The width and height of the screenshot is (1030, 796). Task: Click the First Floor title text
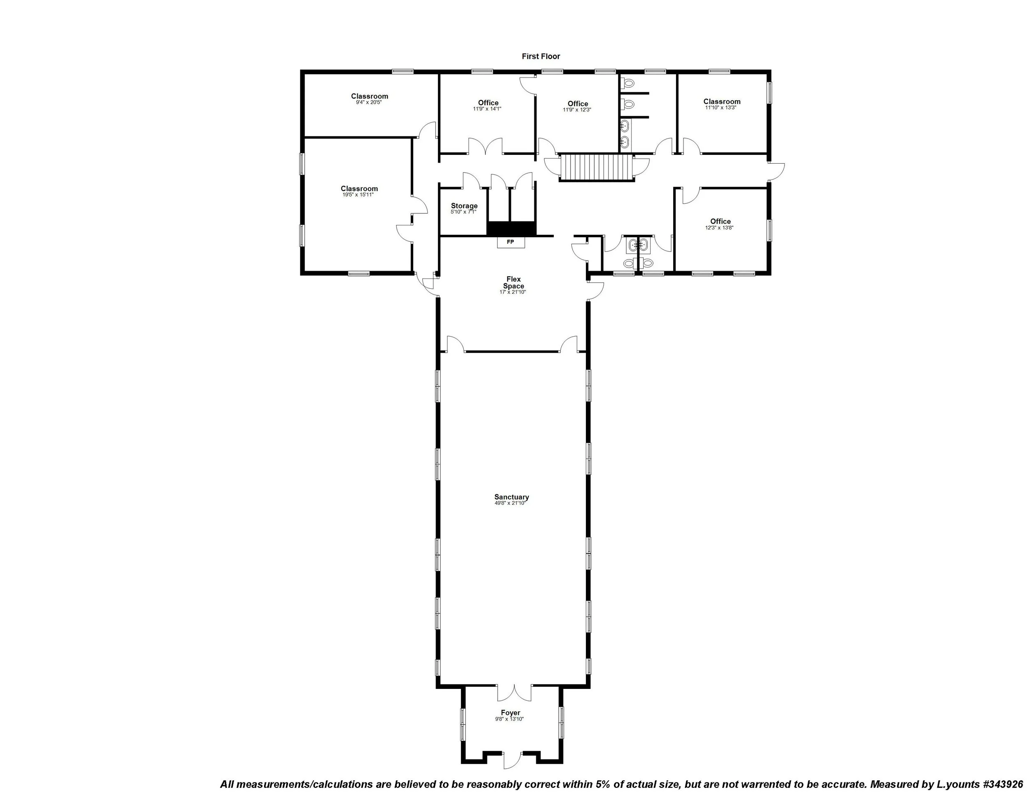541,56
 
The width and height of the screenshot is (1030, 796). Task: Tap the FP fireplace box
510,242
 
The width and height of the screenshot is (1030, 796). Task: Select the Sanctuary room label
511,497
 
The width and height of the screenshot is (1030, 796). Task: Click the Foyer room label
510,713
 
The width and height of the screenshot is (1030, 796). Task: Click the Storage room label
464,206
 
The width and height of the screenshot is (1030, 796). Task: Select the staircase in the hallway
596,167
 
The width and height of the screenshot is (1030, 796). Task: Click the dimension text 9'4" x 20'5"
369,102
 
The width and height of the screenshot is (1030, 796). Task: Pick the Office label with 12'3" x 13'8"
720,222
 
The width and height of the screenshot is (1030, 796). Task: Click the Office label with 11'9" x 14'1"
488,103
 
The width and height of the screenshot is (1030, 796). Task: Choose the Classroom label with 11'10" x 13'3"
721,101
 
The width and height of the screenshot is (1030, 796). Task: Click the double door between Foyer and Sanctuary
514,692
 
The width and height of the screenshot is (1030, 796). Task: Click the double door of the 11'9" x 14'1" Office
486,147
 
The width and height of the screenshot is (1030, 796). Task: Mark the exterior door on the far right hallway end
776,171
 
